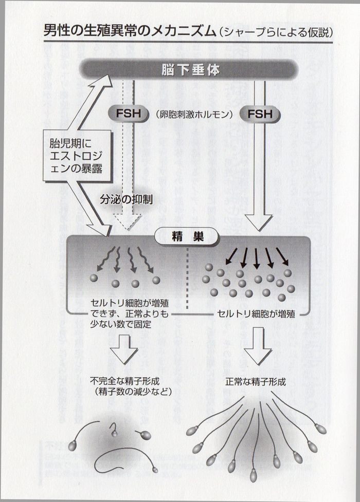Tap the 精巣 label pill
[187, 237]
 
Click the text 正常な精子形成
[255, 382]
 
